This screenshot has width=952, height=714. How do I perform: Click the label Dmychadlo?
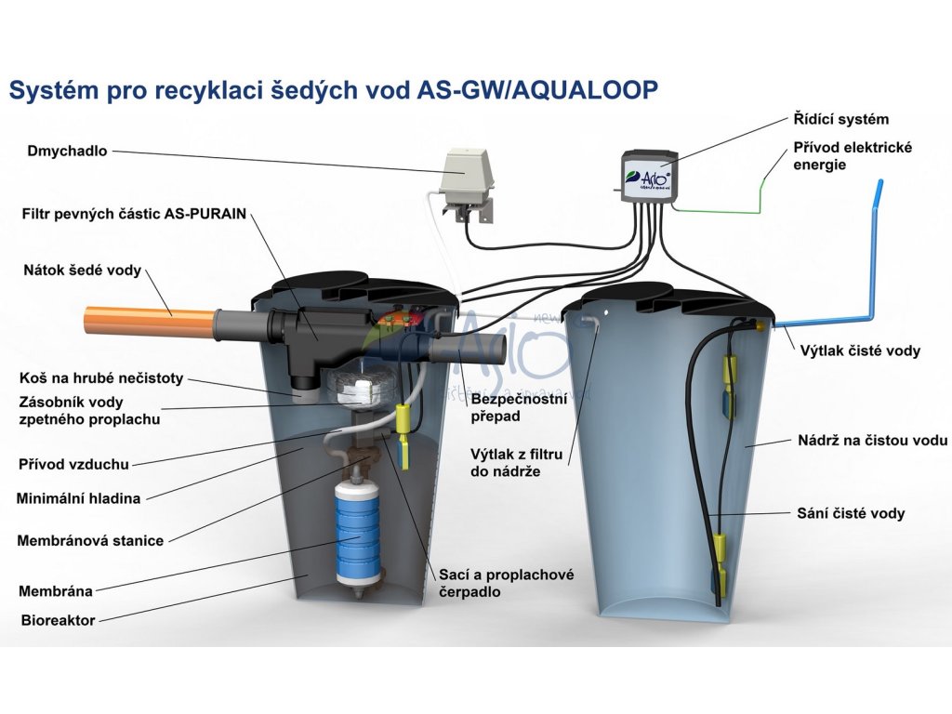pos(68,150)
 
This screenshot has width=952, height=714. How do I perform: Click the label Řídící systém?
pos(841,119)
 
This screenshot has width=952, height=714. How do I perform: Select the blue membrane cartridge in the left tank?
pos(357,524)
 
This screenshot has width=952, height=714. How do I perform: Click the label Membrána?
pos(55,590)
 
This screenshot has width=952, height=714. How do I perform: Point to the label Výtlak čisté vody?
pos(860,350)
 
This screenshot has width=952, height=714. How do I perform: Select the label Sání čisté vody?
pos(851,513)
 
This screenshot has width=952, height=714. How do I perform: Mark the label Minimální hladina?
pos(78,498)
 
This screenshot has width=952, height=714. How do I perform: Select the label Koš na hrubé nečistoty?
pos(101,378)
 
